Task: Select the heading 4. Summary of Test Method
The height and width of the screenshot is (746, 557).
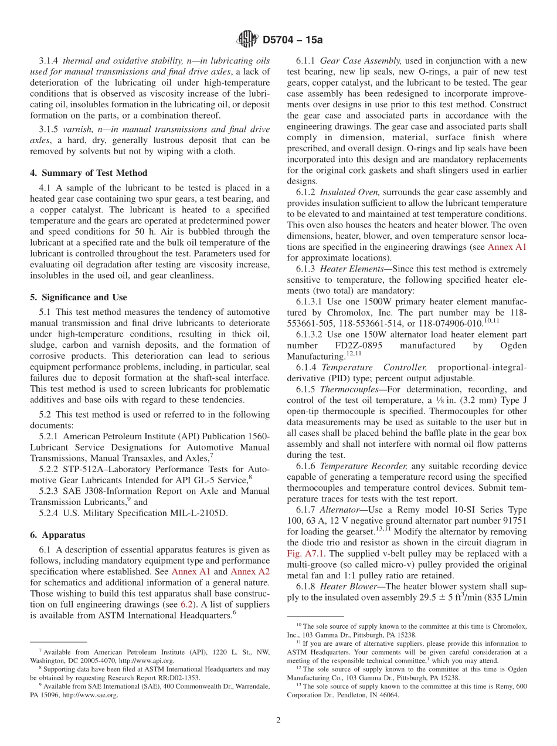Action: coord(89,173)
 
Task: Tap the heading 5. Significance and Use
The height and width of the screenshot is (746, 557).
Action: coord(79,297)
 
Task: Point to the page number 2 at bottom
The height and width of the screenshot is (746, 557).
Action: coord(278,720)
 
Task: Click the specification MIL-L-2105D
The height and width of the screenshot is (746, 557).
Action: coord(193,513)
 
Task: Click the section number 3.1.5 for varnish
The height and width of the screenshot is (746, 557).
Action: coord(50,129)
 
